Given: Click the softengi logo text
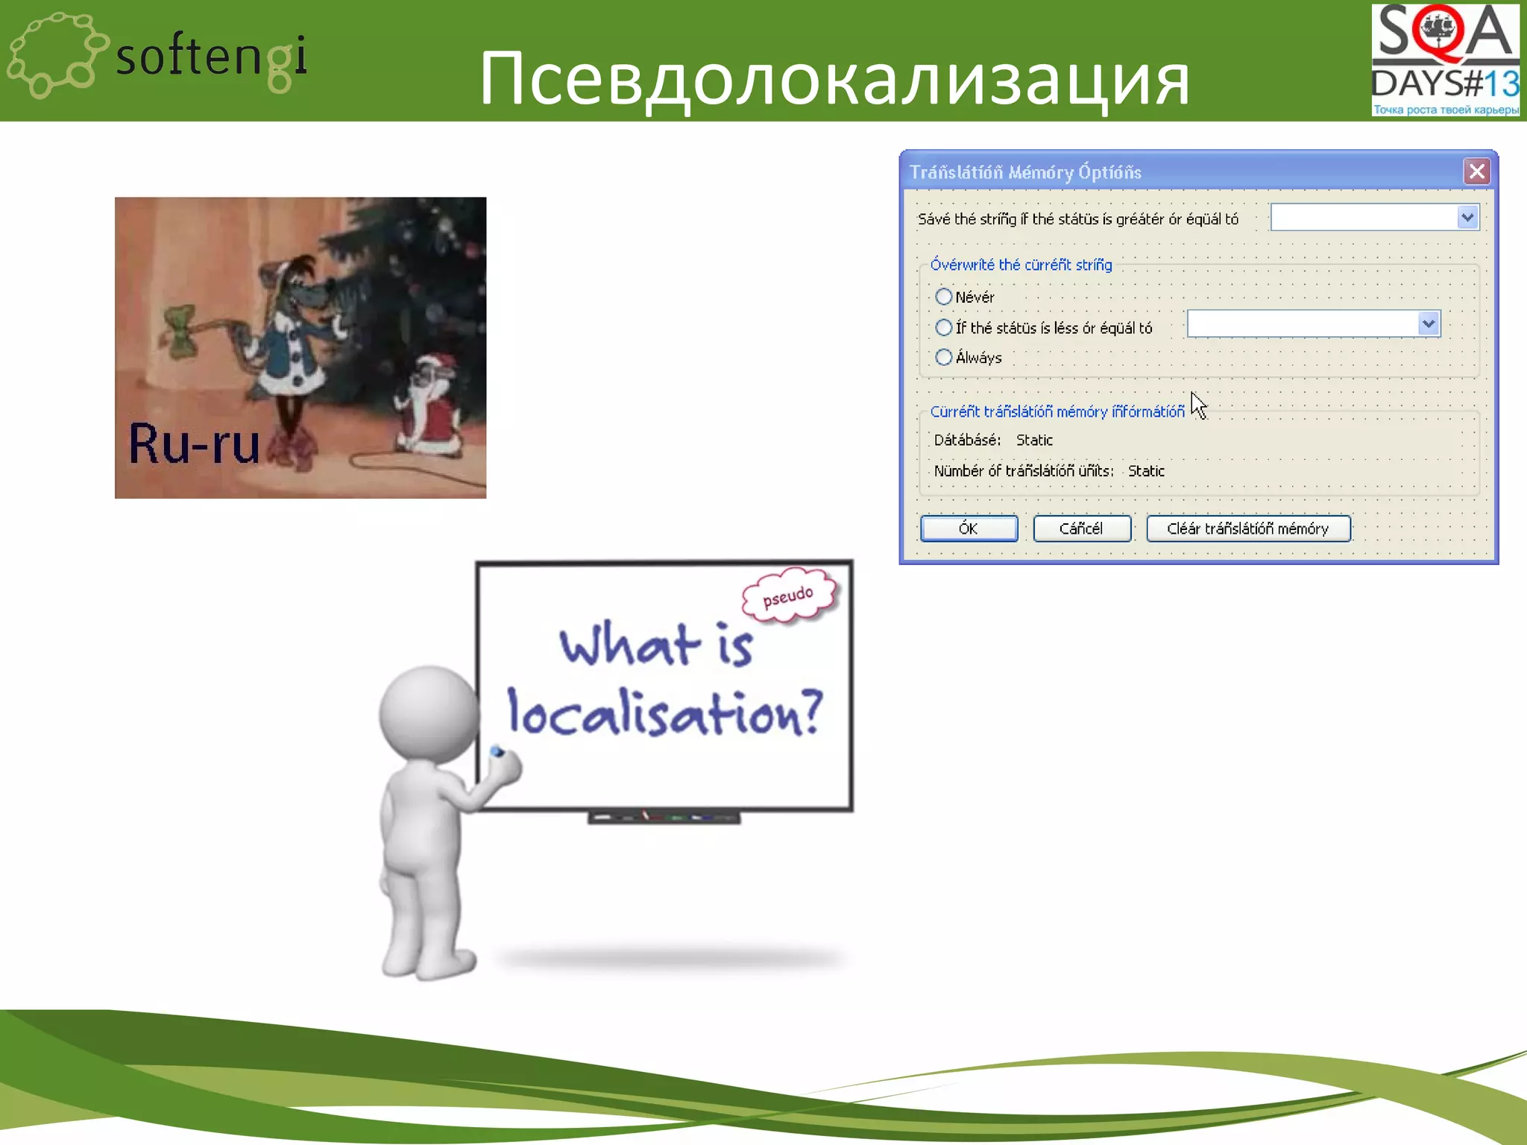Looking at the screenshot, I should (211, 57).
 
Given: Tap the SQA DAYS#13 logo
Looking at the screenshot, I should (1444, 60).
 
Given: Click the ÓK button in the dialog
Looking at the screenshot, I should (969, 529).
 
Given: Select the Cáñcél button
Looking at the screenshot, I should (1081, 529).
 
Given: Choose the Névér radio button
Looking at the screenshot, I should (944, 297).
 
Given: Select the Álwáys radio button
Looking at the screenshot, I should (944, 357).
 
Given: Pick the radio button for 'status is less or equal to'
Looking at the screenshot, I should (944, 327).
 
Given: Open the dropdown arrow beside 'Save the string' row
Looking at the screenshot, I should (1467, 218).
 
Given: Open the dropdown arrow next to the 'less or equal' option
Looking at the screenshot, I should (1428, 324).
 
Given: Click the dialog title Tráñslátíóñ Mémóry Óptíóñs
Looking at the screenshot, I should (1025, 172).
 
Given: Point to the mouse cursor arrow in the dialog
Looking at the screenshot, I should (1197, 405).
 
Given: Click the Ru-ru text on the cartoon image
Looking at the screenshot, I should (194, 444).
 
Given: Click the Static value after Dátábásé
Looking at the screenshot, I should (1034, 441).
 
